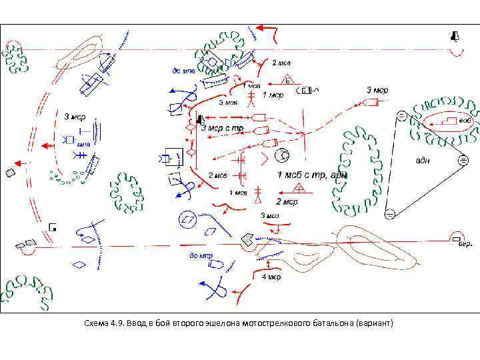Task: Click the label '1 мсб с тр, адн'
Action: pos(313,175)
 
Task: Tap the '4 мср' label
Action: pos(271,277)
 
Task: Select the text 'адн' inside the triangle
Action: pos(422,161)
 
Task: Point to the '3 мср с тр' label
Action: pos(222,128)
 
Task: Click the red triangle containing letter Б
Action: pos(288,81)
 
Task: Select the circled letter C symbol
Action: pos(283,157)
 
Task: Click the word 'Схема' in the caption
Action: pos(98,323)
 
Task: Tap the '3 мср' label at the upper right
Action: pos(377,89)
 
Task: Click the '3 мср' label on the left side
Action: pos(75,117)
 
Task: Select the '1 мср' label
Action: pos(273,95)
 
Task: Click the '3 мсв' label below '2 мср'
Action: pos(270,215)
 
